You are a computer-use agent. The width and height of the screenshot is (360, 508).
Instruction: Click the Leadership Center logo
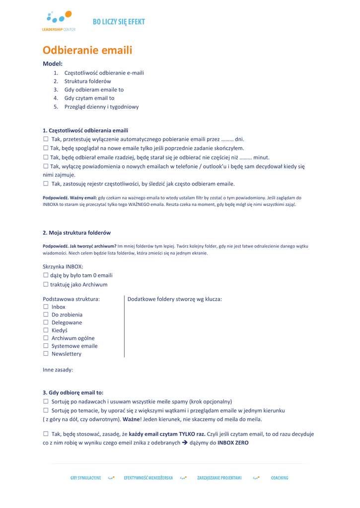point(59,21)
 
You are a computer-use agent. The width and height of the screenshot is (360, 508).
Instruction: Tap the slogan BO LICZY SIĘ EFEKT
point(119,22)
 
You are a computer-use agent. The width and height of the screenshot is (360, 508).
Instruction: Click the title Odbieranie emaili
point(87,50)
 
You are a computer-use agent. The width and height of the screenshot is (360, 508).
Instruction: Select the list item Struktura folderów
point(87,81)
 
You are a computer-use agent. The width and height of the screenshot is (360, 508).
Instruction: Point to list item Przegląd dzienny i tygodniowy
point(101,107)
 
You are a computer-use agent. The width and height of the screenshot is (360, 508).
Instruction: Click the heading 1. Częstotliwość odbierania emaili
point(85,130)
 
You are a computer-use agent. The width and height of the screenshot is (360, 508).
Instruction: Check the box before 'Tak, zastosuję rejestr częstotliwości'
point(46,184)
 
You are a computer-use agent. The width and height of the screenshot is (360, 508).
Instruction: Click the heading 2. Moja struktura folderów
point(76,233)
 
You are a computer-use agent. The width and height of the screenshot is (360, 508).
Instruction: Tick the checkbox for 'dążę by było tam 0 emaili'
point(46,275)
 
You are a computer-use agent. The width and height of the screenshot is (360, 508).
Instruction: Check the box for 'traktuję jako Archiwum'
point(46,285)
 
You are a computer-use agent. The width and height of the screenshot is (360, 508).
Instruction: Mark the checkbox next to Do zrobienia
point(46,315)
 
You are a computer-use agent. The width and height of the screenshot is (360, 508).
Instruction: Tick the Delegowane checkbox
point(46,322)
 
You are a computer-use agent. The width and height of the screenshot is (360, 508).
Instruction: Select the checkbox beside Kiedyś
point(46,330)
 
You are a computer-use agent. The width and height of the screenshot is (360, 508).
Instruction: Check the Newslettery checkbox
point(46,354)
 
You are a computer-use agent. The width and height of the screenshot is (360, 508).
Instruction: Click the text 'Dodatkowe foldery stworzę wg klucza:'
point(175,299)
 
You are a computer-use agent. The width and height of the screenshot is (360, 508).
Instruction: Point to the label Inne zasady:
point(58,370)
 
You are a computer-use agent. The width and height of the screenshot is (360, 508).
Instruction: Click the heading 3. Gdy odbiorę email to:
point(73,392)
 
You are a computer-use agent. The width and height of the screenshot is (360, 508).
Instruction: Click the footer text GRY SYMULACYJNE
point(85,478)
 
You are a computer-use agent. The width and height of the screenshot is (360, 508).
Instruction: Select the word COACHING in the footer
point(280,478)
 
